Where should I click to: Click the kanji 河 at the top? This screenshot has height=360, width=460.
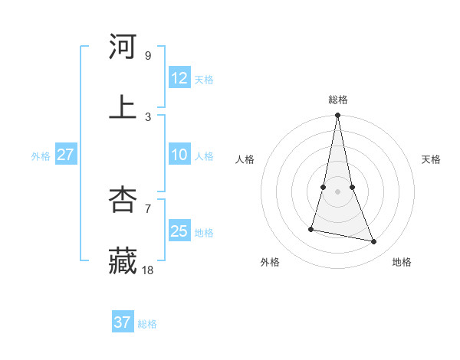[x=123, y=46]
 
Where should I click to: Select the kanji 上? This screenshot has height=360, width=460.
[x=123, y=106]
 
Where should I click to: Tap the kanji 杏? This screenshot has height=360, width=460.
[x=123, y=199]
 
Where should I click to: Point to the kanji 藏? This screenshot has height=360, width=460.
[x=123, y=260]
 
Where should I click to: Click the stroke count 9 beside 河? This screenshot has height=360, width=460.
[x=147, y=56]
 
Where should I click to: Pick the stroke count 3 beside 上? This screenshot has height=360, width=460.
[x=147, y=116]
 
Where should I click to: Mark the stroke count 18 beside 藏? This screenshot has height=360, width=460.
[x=148, y=270]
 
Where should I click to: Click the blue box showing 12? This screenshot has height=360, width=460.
[x=179, y=78]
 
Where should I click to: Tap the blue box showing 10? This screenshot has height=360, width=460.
[x=179, y=155]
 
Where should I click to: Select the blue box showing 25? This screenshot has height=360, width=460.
[x=179, y=231]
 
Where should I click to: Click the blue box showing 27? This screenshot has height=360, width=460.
[x=65, y=155]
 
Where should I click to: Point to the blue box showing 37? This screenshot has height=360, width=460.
[x=123, y=322]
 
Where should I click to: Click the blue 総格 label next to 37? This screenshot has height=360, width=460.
[x=147, y=324]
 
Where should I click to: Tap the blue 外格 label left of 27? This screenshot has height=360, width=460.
[x=41, y=156]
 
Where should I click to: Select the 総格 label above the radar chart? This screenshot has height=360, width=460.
[x=338, y=100]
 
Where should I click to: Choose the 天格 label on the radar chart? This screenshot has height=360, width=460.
[x=432, y=159]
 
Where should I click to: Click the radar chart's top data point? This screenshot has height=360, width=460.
[x=338, y=116]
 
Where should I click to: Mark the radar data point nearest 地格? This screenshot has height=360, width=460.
[x=374, y=241]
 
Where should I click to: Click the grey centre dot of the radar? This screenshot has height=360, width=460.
[x=338, y=191]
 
